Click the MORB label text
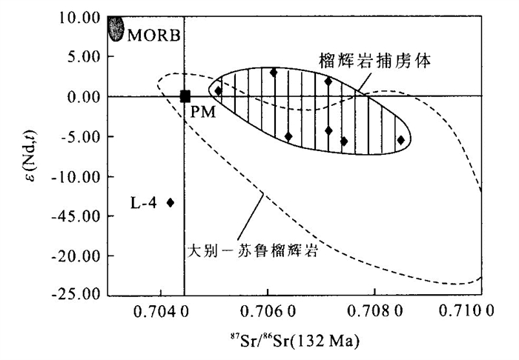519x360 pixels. pos(153,34)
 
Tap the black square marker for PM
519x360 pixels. pos(185,96)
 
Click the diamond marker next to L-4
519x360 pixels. pos(171,202)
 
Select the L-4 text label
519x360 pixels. pos(144,202)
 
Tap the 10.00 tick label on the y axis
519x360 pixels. pos(77,17)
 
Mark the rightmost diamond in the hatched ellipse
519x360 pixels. pos(401,139)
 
